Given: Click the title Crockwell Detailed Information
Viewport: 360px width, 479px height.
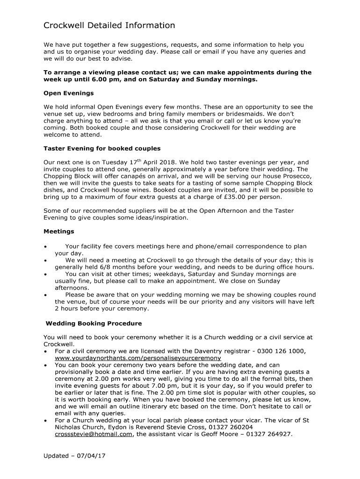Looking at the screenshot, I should coord(109,25).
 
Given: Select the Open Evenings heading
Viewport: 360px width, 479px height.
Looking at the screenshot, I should coord(69,93).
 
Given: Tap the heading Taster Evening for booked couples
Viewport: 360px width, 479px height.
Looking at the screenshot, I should coord(102,148).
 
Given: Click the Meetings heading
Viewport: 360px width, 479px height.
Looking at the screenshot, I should coord(59,231).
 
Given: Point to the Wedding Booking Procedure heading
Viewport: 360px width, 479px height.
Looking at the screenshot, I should coord(94,323).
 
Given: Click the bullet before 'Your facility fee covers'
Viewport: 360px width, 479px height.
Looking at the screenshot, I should coord(45,247).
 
